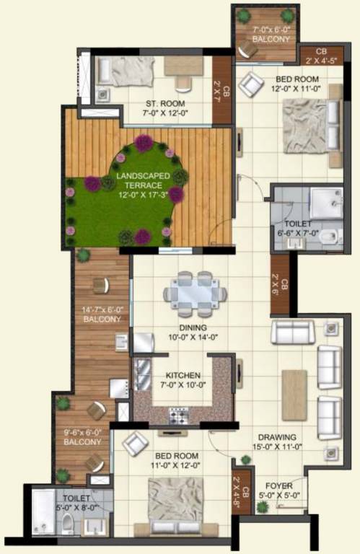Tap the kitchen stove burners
coord(178,415)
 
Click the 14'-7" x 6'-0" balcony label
coord(101,315)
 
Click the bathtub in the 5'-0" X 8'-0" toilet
coord(45,512)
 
